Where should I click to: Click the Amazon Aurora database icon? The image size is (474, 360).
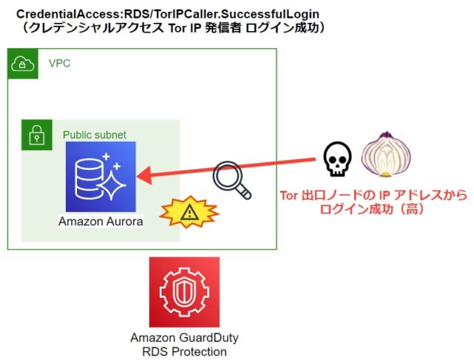click(101, 176)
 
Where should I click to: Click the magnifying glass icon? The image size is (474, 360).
click(230, 180)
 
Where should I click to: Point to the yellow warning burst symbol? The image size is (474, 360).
click(190, 213)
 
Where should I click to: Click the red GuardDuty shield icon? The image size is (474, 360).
click(184, 293)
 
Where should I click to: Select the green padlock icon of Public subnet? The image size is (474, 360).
click(36, 135)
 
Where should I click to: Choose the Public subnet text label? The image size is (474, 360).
click(94, 135)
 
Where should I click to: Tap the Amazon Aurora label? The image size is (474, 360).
click(101, 221)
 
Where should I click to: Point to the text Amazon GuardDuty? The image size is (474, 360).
click(184, 338)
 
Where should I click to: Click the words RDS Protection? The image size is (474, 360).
click(184, 351)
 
